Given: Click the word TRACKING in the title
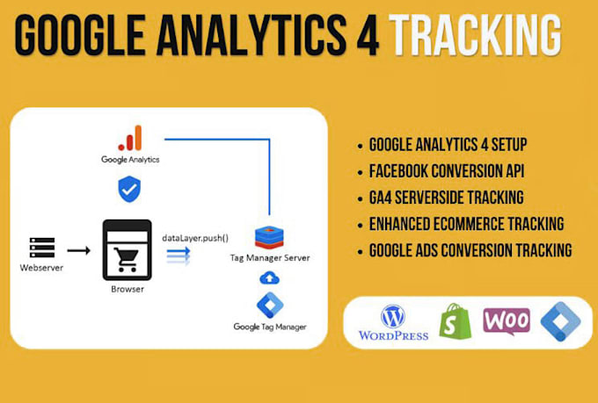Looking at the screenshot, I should [475, 37].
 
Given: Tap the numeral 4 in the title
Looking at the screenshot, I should [361, 37].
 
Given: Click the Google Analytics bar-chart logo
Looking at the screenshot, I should [131, 139].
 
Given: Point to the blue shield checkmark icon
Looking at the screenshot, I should [128, 188].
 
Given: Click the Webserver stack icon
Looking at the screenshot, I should [41, 247].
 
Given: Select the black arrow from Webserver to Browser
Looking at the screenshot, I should [79, 249].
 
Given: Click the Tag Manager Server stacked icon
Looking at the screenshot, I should [269, 236].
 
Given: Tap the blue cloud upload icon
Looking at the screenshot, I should [270, 277].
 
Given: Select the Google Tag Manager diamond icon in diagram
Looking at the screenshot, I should [270, 305].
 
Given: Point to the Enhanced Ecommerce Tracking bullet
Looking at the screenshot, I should [466, 224].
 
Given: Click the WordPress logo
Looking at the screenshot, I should [392, 321].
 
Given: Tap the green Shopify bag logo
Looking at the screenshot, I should [456, 321].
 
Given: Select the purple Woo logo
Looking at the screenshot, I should [507, 320].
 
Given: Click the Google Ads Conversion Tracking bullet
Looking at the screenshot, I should [470, 250].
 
